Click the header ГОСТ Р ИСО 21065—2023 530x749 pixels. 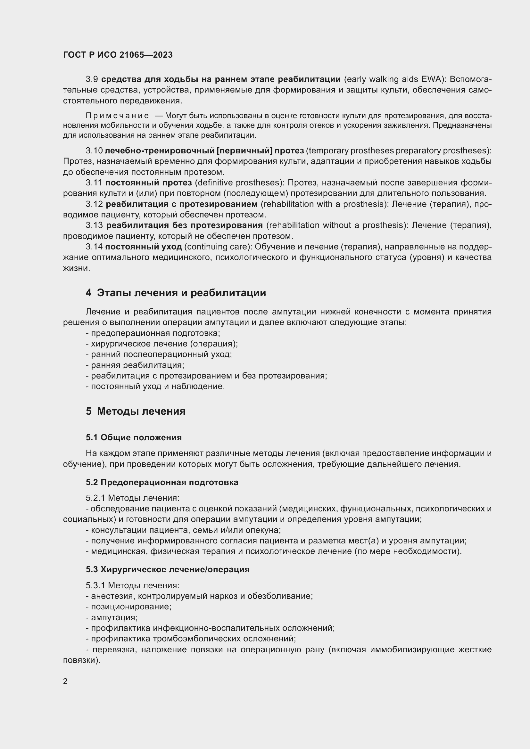[x=118, y=55]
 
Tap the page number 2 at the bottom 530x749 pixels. [x=65, y=681]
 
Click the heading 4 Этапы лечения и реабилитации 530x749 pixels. [x=176, y=293]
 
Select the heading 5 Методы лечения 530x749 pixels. [x=136, y=411]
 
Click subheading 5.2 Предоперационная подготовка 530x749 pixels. [x=162, y=482]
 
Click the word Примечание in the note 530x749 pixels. [x=117, y=116]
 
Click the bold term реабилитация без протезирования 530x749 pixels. [x=184, y=225]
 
